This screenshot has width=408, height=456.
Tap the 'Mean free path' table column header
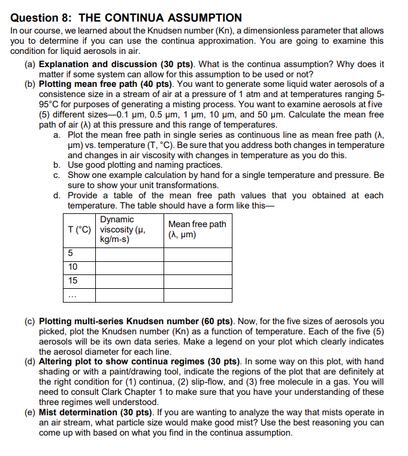[x=197, y=229]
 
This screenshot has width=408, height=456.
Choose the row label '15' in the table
[x=72, y=280]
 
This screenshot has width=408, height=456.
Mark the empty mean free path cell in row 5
[x=197, y=254]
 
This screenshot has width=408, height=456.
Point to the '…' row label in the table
[x=72, y=294]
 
